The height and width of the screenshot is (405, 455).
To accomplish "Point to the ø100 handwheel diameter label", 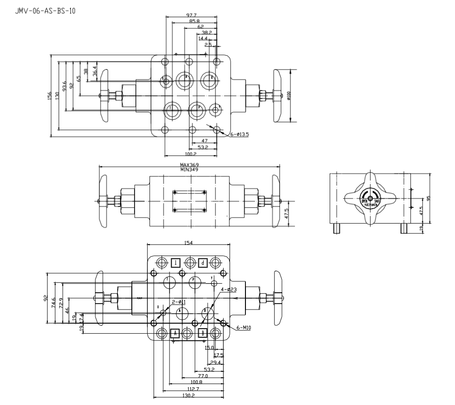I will pos(288,95).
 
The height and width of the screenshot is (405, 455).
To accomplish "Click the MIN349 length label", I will pos(190,170).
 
